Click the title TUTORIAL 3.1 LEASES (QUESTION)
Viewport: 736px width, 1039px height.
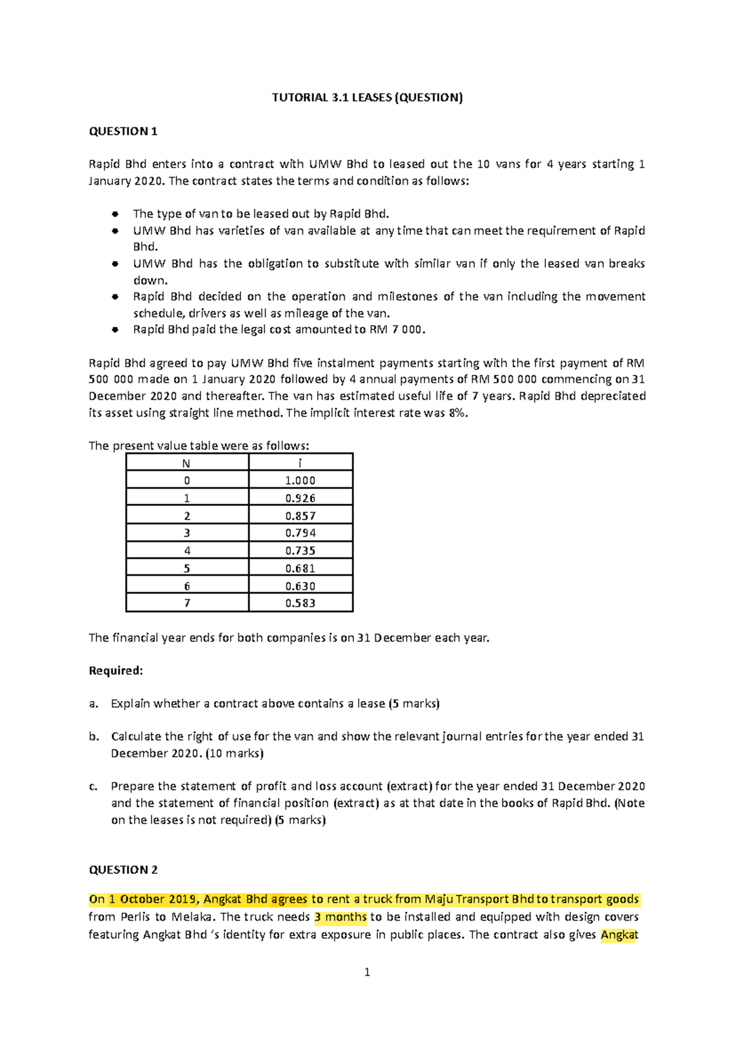click(367, 98)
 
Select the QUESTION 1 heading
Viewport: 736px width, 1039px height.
click(123, 131)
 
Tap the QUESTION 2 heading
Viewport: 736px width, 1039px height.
click(123, 870)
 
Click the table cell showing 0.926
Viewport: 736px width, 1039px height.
click(300, 498)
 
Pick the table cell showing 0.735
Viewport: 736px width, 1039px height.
click(300, 551)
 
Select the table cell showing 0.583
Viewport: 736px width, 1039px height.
click(300, 604)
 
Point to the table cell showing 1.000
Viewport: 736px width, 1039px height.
click(300, 481)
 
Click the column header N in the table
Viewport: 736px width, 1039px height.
click(186, 464)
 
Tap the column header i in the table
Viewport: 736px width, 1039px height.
click(300, 464)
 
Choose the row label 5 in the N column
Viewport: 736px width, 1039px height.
click(186, 569)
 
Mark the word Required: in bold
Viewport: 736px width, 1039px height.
click(116, 670)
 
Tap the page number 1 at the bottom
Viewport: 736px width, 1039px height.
click(367, 972)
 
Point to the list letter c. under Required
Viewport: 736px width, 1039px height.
click(93, 786)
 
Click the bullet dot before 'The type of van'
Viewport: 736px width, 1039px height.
click(115, 214)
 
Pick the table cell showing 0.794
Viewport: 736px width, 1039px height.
click(300, 533)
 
